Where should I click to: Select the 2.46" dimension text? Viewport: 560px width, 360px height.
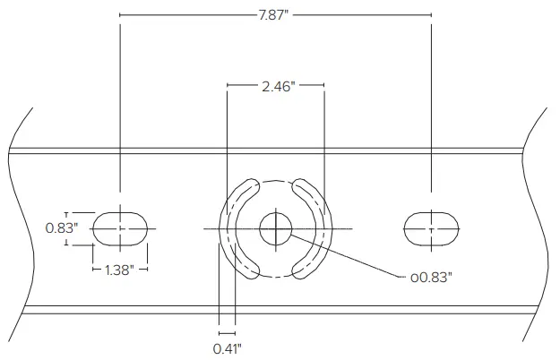click(276, 86)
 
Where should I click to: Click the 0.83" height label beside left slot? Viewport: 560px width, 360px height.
click(61, 228)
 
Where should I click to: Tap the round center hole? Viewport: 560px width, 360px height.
click(276, 229)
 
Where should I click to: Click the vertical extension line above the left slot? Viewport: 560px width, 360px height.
click(119, 107)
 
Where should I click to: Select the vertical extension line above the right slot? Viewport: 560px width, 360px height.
click(432, 107)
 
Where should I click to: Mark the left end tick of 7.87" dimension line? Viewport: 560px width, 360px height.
click(119, 14)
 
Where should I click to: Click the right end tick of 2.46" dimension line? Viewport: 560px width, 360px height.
click(324, 86)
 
